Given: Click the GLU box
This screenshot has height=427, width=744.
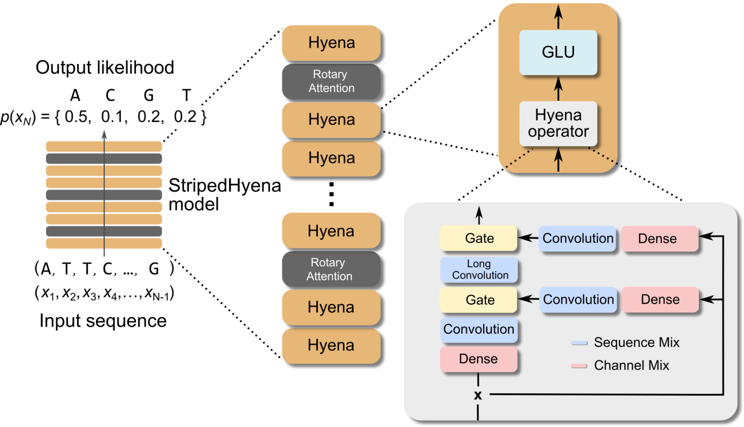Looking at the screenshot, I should [558, 52].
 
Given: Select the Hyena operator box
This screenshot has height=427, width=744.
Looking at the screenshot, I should [558, 123].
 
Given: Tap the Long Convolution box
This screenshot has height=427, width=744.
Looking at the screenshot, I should [479, 269].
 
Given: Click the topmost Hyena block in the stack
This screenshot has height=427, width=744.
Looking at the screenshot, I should [331, 43].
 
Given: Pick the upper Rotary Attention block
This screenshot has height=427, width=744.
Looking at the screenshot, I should [331, 81].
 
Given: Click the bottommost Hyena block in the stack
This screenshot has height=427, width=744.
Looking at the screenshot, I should [331, 345].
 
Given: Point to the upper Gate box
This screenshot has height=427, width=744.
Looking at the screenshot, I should [479, 238].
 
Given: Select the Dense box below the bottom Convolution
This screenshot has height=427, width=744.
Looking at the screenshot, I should [478, 359].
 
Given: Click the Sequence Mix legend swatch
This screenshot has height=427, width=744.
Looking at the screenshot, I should [579, 343].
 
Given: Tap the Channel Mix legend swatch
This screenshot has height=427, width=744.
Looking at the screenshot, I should [579, 366].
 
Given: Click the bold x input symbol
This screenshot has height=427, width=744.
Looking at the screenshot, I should [478, 395].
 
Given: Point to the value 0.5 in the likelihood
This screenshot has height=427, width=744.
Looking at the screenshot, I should [77, 117].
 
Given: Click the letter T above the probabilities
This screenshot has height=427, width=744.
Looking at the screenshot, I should [186, 96].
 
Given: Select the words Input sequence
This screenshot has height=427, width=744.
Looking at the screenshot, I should [103, 321].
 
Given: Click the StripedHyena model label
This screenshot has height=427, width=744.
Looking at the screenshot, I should [224, 194].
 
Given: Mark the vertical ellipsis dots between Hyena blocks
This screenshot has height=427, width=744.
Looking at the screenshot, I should [331, 194].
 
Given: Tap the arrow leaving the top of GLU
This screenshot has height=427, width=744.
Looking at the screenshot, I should [558, 17].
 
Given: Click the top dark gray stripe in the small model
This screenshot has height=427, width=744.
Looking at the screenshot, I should [104, 159].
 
